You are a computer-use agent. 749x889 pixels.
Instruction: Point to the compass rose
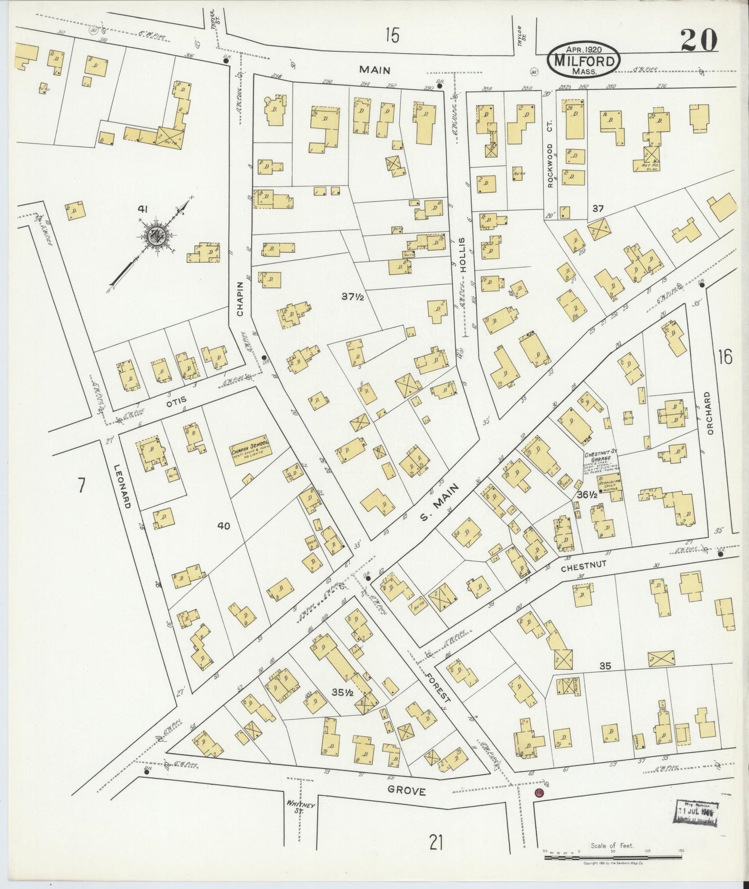pos(155,237)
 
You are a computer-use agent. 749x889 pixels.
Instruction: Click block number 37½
pos(352,297)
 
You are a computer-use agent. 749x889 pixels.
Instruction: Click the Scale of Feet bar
pos(614,857)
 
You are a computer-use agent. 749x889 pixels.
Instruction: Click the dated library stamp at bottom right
pos(695,813)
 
